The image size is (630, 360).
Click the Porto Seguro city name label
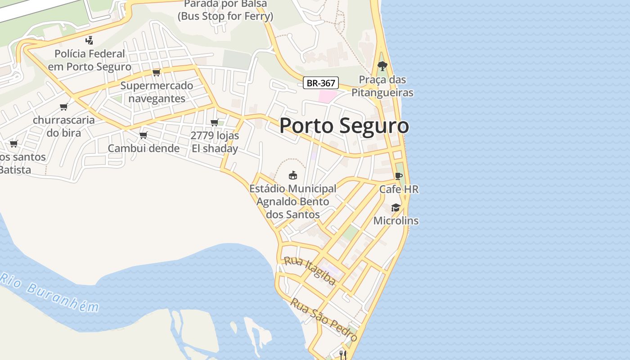pyautogui.click(x=344, y=126)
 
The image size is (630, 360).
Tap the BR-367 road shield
pyautogui.click(x=321, y=83)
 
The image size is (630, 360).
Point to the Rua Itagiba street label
pyautogui.click(x=310, y=271)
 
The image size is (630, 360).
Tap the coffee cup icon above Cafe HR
pyautogui.click(x=398, y=176)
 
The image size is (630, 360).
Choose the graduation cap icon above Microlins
pyautogui.click(x=396, y=207)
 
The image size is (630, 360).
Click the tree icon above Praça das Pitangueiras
pyautogui.click(x=382, y=66)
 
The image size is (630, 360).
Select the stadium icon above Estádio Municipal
pyautogui.click(x=293, y=175)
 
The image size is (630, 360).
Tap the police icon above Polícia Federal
pyautogui.click(x=89, y=40)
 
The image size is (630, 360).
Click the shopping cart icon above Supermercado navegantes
pyautogui.click(x=156, y=72)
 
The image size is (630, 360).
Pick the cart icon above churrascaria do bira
pyautogui.click(x=63, y=107)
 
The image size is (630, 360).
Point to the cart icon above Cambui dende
pyautogui.click(x=143, y=135)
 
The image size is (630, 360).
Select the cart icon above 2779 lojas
pyautogui.click(x=215, y=122)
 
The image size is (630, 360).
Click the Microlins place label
pyautogui.click(x=396, y=221)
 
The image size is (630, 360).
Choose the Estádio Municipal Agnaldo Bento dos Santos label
pyautogui.click(x=293, y=201)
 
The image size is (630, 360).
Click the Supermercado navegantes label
pyautogui.click(x=157, y=92)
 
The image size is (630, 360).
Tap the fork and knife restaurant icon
pyautogui.click(x=343, y=355)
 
